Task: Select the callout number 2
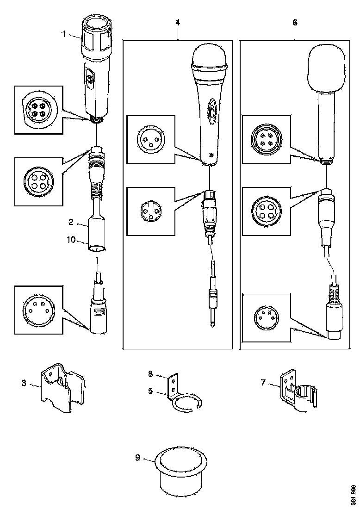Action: coord(71,222)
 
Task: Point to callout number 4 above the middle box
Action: coord(178,22)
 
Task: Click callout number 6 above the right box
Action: coord(295,22)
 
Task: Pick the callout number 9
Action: coord(137,458)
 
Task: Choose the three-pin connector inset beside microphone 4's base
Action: coord(149,139)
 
